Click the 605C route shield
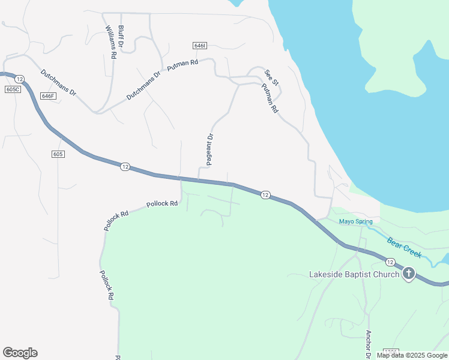12,89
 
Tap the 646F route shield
49,96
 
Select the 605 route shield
58,154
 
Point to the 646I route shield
200,46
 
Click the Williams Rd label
110,42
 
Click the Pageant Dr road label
209,149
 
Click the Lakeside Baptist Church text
354,275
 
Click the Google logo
20,353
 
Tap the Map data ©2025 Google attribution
412,355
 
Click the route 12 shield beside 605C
19,79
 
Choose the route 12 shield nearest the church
390,262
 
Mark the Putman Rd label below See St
270,98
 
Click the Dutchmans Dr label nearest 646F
58,83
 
